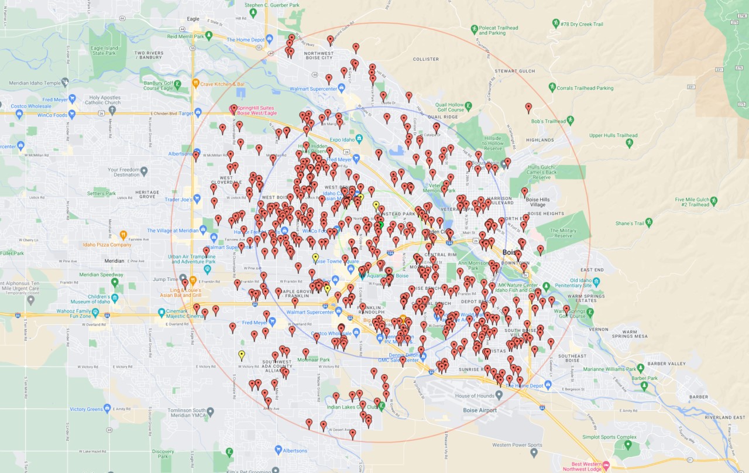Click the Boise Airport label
pos(479,410)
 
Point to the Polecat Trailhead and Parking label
pos(499,30)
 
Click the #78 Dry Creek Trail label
pos(582,24)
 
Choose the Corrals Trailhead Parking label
pos(585,88)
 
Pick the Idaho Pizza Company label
pos(107,244)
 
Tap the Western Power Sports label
pos(517,445)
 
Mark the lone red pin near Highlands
pos(528,108)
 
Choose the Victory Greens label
pos(86,409)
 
